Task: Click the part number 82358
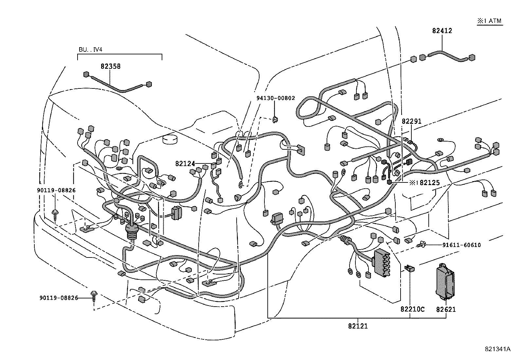coord(110,66)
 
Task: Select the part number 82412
coord(442,30)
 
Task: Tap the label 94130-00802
coord(275,98)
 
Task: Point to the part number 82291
coord(411,121)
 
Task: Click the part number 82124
coord(185,163)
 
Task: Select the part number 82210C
coord(412,309)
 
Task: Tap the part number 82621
coord(445,309)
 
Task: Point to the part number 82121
coord(358,326)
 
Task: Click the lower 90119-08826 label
coord(59,298)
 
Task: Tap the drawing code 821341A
coord(497,349)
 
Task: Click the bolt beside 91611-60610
coord(422,244)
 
